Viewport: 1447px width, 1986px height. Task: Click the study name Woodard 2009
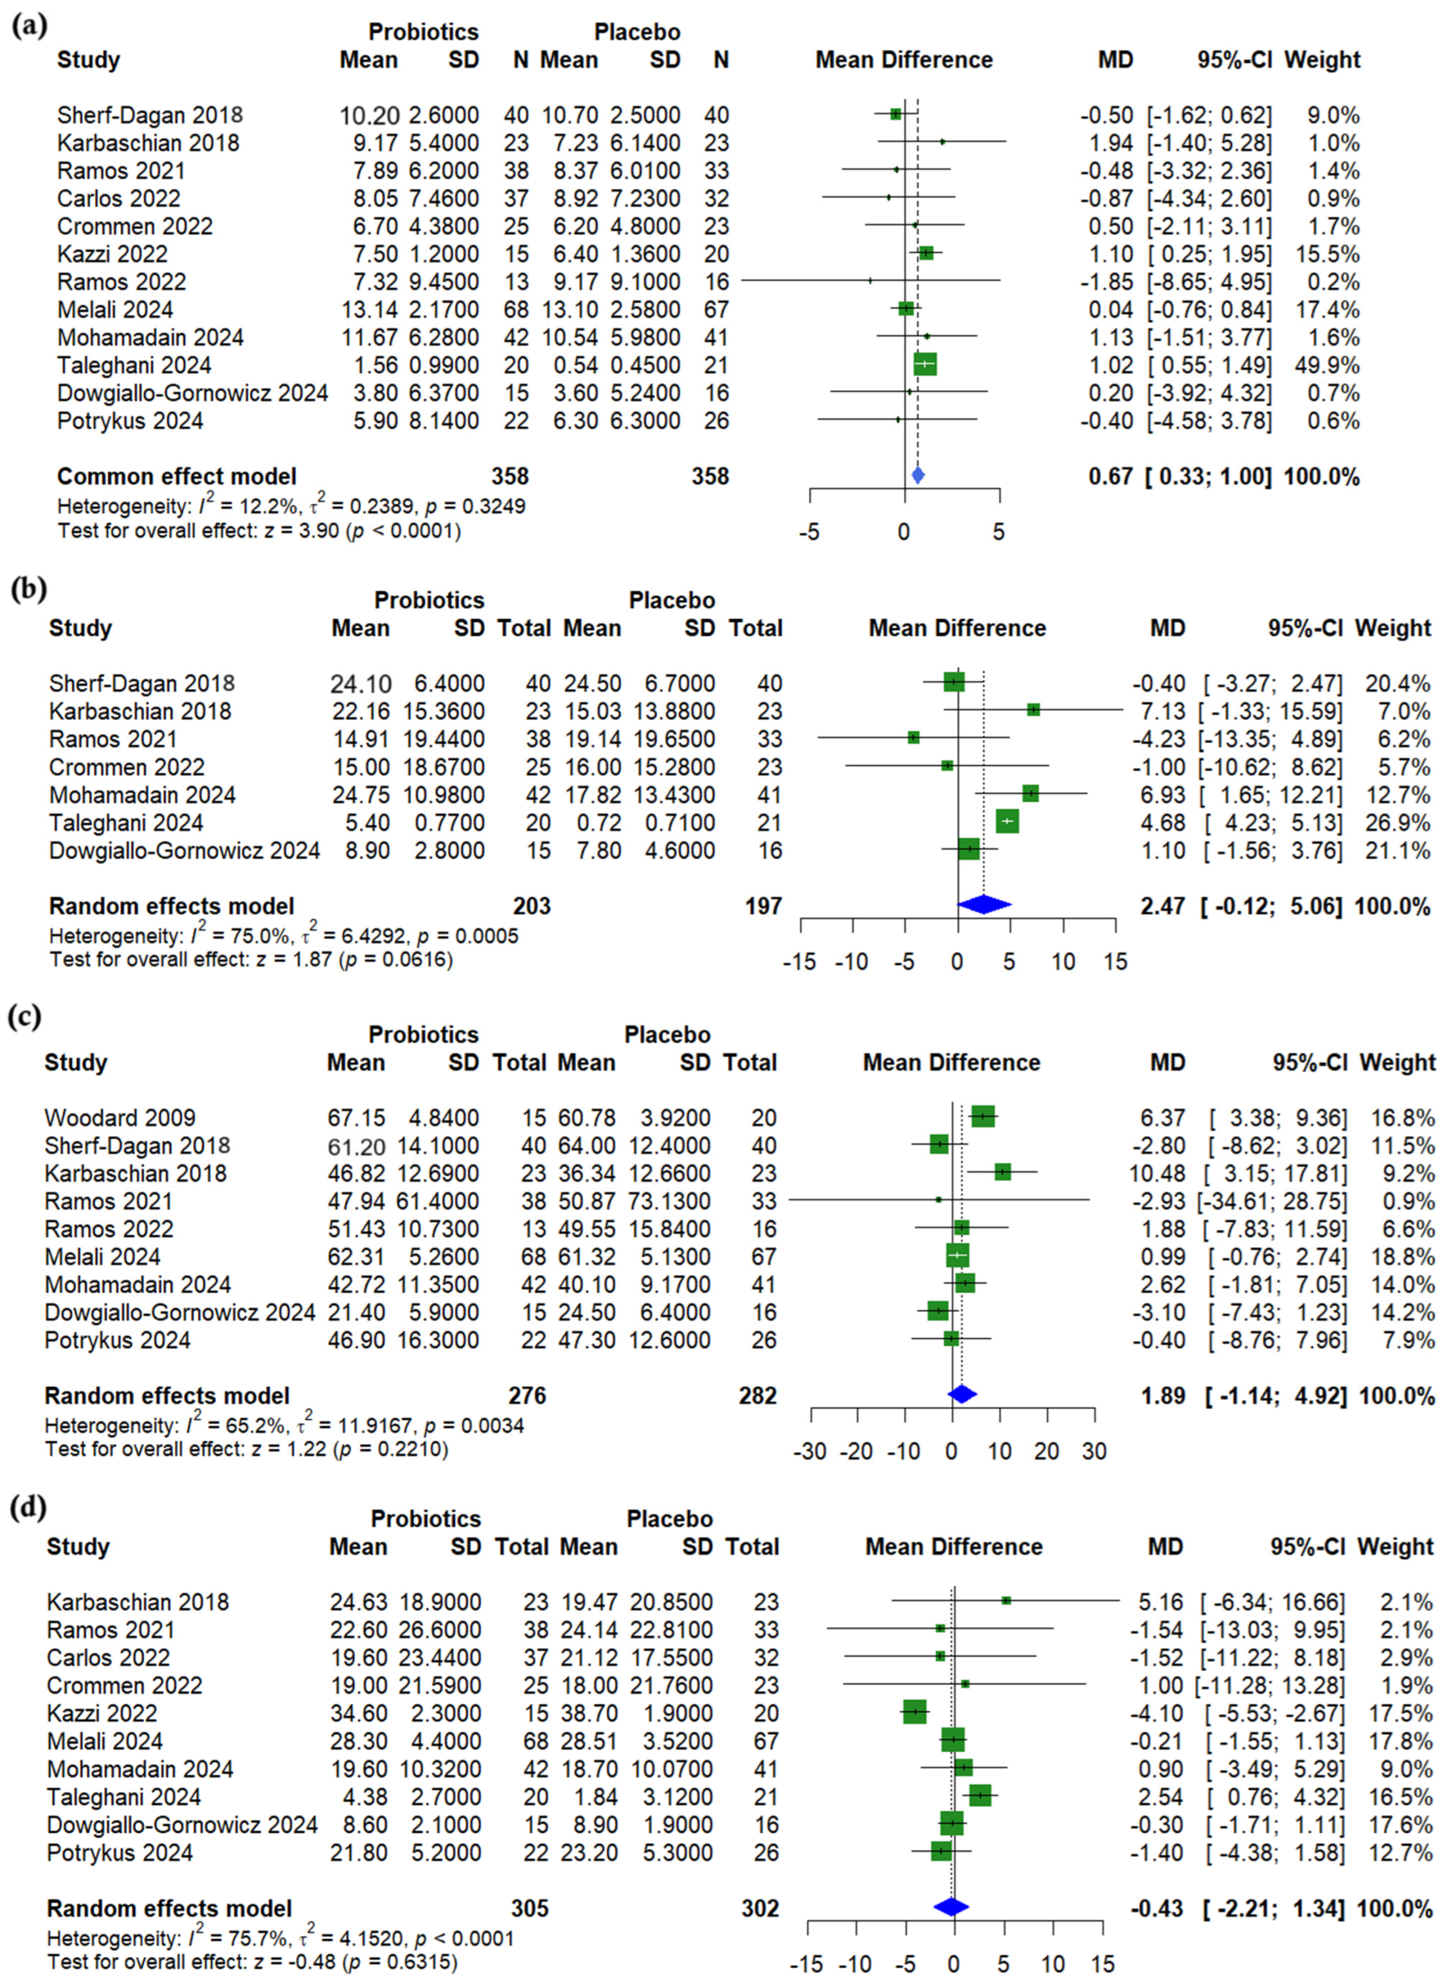click(120, 1118)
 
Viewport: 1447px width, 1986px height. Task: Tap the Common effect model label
click(177, 476)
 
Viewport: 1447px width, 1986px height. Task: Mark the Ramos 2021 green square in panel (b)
click(913, 738)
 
